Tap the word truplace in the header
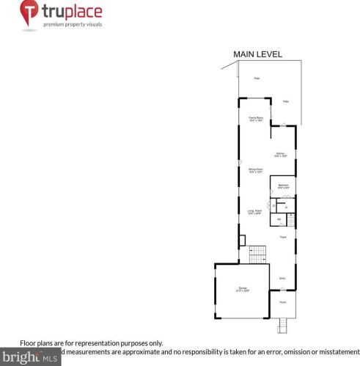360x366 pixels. pyautogui.click(x=72, y=12)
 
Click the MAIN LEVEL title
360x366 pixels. pyautogui.click(x=257, y=54)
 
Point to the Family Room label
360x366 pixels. pyautogui.click(x=255, y=119)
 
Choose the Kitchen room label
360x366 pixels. pyautogui.click(x=279, y=154)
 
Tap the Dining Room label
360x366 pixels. pyautogui.click(x=254, y=170)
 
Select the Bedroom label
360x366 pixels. pyautogui.click(x=282, y=186)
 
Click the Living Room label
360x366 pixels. pyautogui.click(x=254, y=213)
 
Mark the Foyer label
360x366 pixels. pyautogui.click(x=282, y=237)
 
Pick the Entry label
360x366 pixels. pyautogui.click(x=282, y=278)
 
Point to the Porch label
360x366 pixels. pyautogui.click(x=283, y=301)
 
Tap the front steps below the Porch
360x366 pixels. pyautogui.click(x=282, y=325)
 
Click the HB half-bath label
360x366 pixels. pyautogui.click(x=279, y=219)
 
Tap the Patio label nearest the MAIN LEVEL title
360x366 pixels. pyautogui.click(x=257, y=78)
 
